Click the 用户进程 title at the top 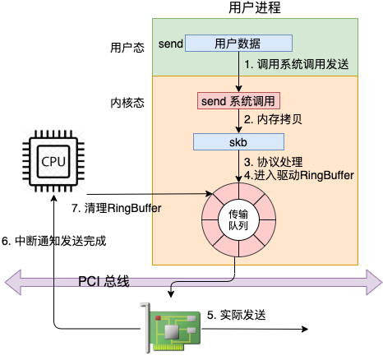255,7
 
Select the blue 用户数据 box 238,43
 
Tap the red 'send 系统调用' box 238,101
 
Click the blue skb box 238,142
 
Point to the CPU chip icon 53,161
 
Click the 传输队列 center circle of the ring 238,220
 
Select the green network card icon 171,327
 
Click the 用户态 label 127,48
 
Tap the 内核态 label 127,103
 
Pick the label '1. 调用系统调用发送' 297,65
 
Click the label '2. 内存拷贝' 273,119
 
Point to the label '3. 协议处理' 274,162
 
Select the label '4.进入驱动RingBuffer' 299,175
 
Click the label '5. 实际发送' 237,315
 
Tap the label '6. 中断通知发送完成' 54,241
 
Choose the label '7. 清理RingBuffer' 117,208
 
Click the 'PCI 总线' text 104,281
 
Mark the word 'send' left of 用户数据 171,44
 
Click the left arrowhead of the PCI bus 13,282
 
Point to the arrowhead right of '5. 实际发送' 305,329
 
